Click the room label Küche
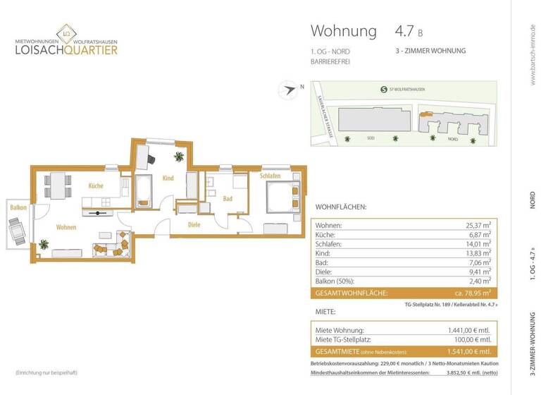[x=96, y=186]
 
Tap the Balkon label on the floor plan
[x=18, y=207]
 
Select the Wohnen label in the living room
[x=67, y=228]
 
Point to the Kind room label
[x=168, y=178]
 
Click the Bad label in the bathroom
[x=228, y=199]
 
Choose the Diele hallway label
[x=194, y=226]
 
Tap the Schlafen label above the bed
[x=270, y=176]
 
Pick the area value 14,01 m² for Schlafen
[x=475, y=243]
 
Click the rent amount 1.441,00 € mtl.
[x=468, y=330]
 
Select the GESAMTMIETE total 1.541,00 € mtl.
[x=468, y=351]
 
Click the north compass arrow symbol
[x=287, y=90]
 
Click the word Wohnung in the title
[x=344, y=31]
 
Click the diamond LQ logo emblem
[x=66, y=32]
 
